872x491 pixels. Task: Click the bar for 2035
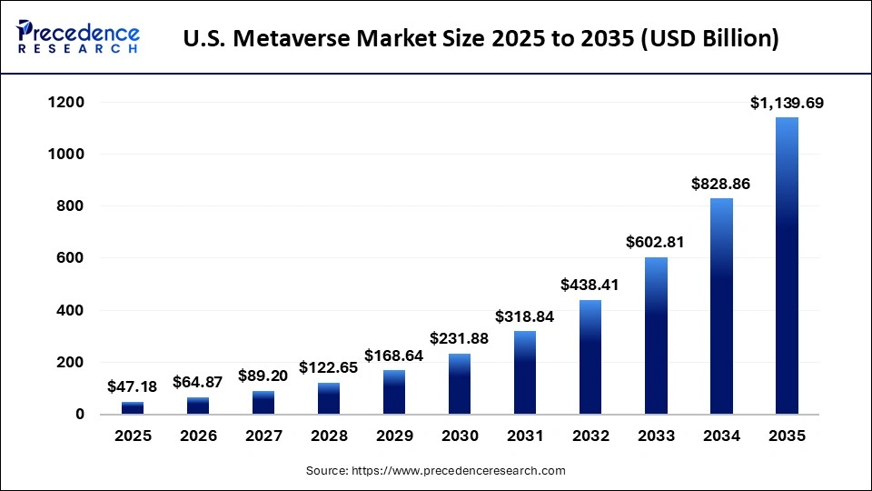(787, 266)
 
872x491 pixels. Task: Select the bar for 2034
(721, 306)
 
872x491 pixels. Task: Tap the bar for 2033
(656, 336)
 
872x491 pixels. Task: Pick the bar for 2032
(590, 356)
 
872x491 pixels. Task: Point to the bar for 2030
(460, 384)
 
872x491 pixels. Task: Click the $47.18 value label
(133, 387)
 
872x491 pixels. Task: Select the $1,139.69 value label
(787, 103)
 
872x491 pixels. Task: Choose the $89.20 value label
(263, 376)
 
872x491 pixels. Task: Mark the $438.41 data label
(590, 285)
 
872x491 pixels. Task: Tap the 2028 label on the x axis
(329, 436)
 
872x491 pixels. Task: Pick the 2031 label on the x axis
(525, 436)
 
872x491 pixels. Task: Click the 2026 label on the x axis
(198, 436)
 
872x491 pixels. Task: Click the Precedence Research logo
(78, 38)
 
